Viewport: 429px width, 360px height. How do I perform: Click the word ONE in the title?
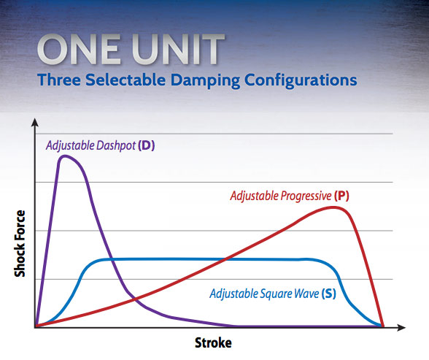79,50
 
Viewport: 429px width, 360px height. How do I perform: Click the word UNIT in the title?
178,50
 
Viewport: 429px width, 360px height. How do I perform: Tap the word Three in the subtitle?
59,80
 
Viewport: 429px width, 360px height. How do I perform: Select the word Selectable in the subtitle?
125,80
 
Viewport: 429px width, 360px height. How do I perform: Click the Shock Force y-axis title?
20,244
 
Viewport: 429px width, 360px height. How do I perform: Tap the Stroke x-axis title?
213,342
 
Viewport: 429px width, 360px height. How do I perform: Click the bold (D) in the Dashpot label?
147,145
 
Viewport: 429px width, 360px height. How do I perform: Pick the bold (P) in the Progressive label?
341,196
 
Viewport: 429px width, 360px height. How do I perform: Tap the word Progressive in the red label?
306,196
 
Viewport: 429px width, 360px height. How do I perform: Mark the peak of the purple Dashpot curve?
65,156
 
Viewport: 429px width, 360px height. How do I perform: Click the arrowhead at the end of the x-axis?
401,327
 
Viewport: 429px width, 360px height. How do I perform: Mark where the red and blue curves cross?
226,258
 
